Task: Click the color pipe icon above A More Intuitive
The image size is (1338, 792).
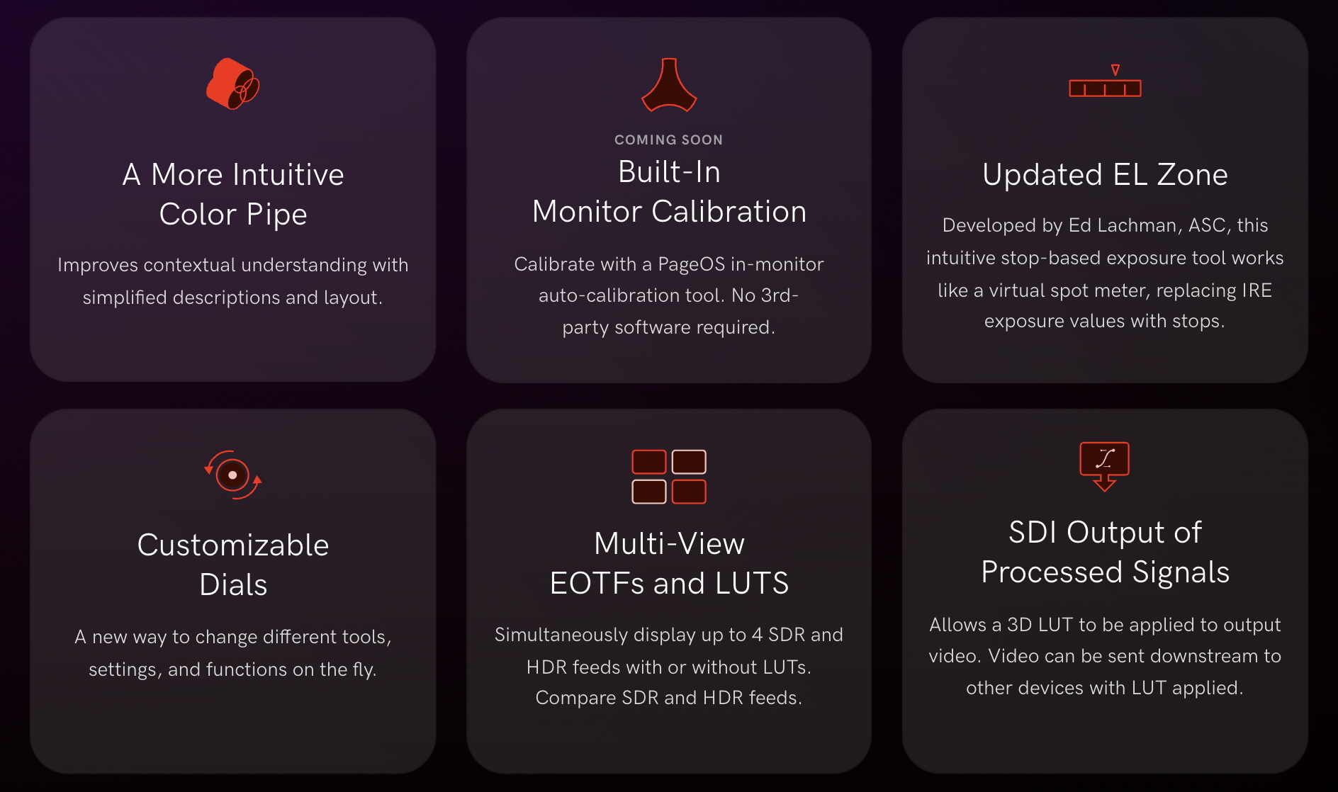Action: pyautogui.click(x=232, y=84)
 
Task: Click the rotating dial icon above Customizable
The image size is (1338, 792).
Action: pyautogui.click(x=232, y=475)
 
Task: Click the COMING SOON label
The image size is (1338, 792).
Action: pyautogui.click(x=669, y=140)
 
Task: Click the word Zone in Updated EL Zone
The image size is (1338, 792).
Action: pyautogui.click(x=1192, y=174)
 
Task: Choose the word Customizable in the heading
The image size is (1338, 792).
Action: pyautogui.click(x=233, y=545)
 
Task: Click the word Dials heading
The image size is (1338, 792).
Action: pyautogui.click(x=233, y=584)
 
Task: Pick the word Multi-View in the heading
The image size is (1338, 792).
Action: pyautogui.click(x=669, y=543)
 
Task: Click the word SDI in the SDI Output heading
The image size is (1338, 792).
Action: pyautogui.click(x=1033, y=532)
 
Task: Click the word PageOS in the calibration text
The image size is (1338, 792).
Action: pyautogui.click(x=692, y=264)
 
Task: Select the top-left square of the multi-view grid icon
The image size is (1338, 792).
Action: pyautogui.click(x=649, y=462)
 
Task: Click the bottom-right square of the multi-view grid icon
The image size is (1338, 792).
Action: pyautogui.click(x=689, y=492)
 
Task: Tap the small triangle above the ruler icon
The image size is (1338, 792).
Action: pyautogui.click(x=1115, y=69)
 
